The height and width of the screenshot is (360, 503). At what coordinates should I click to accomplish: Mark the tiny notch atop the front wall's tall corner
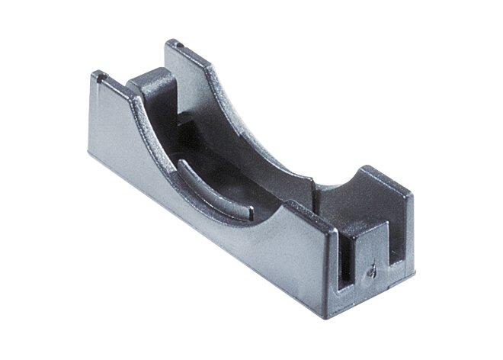pyautogui.click(x=98, y=75)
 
